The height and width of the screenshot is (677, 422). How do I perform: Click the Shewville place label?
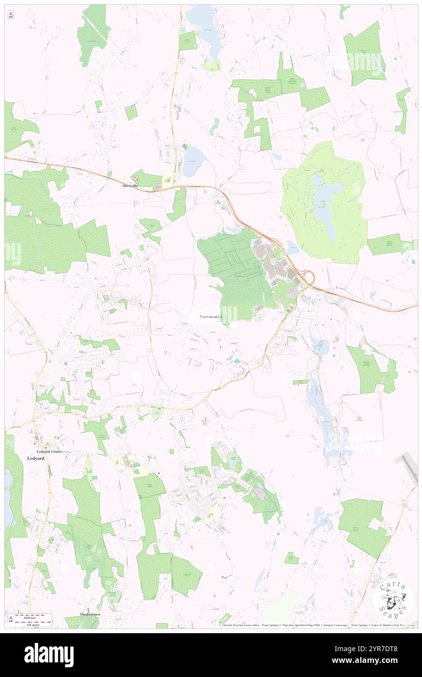pos(130,186)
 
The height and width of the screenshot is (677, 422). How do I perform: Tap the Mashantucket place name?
pos(211,317)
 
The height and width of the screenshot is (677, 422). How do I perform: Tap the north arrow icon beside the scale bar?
pos(11,619)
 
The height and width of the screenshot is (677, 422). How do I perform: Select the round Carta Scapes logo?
pos(392,599)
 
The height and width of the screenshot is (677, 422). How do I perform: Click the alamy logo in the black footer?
pos(49,655)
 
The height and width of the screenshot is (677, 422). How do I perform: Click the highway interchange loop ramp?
pos(307,277)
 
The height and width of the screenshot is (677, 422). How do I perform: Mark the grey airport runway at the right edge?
pos(408,466)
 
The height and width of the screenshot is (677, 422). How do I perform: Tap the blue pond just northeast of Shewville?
pos(193,161)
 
